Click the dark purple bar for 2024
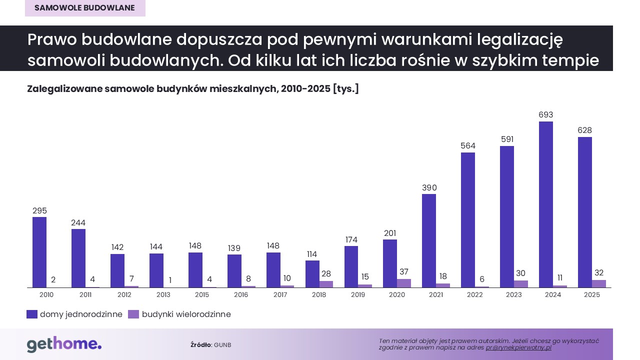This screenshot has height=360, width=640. [x=545, y=204]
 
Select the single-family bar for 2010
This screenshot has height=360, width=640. [x=39, y=252]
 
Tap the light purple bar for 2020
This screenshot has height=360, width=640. [x=404, y=283]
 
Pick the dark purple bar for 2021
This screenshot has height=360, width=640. [x=429, y=241]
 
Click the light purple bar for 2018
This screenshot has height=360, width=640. [x=326, y=284]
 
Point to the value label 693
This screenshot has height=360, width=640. [x=545, y=115]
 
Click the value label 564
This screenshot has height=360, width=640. [x=468, y=146]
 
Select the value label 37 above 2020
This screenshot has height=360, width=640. [x=404, y=272]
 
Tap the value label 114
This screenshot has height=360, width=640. [x=312, y=254]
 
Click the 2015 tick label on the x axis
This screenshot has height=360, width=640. [x=202, y=295]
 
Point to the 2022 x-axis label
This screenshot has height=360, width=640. [x=474, y=295]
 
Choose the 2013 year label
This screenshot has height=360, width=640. [x=163, y=295]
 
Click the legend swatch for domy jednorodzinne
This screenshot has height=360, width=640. [x=32, y=314]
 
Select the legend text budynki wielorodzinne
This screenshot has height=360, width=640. [x=186, y=314]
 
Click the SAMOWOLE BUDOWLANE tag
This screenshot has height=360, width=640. [x=85, y=8]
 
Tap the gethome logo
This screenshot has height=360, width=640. [x=64, y=344]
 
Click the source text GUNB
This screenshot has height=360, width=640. [x=222, y=345]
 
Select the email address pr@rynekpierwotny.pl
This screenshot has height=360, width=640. [x=518, y=347]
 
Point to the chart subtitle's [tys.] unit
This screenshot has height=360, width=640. [x=345, y=89]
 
